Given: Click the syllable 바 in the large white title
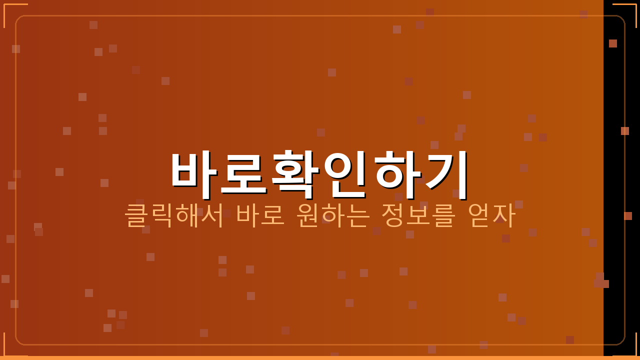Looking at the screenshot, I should pyautogui.click(x=194, y=170).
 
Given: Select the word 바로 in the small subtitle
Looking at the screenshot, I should pyautogui.click(x=260, y=215).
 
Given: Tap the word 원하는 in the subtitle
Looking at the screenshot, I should pyautogui.click(x=333, y=215).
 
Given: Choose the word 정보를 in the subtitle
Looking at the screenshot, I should pyautogui.click(x=418, y=215).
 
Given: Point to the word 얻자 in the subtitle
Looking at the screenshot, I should pyautogui.click(x=491, y=215).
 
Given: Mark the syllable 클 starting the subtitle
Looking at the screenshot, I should pyautogui.click(x=135, y=215).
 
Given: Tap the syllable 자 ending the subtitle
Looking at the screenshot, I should pyautogui.click(x=504, y=215).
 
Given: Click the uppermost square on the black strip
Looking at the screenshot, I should pyautogui.click(x=613, y=43).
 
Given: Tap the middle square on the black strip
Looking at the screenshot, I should pyautogui.click(x=625, y=131).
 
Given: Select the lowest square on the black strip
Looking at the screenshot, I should pyautogui.click(x=628, y=216).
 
